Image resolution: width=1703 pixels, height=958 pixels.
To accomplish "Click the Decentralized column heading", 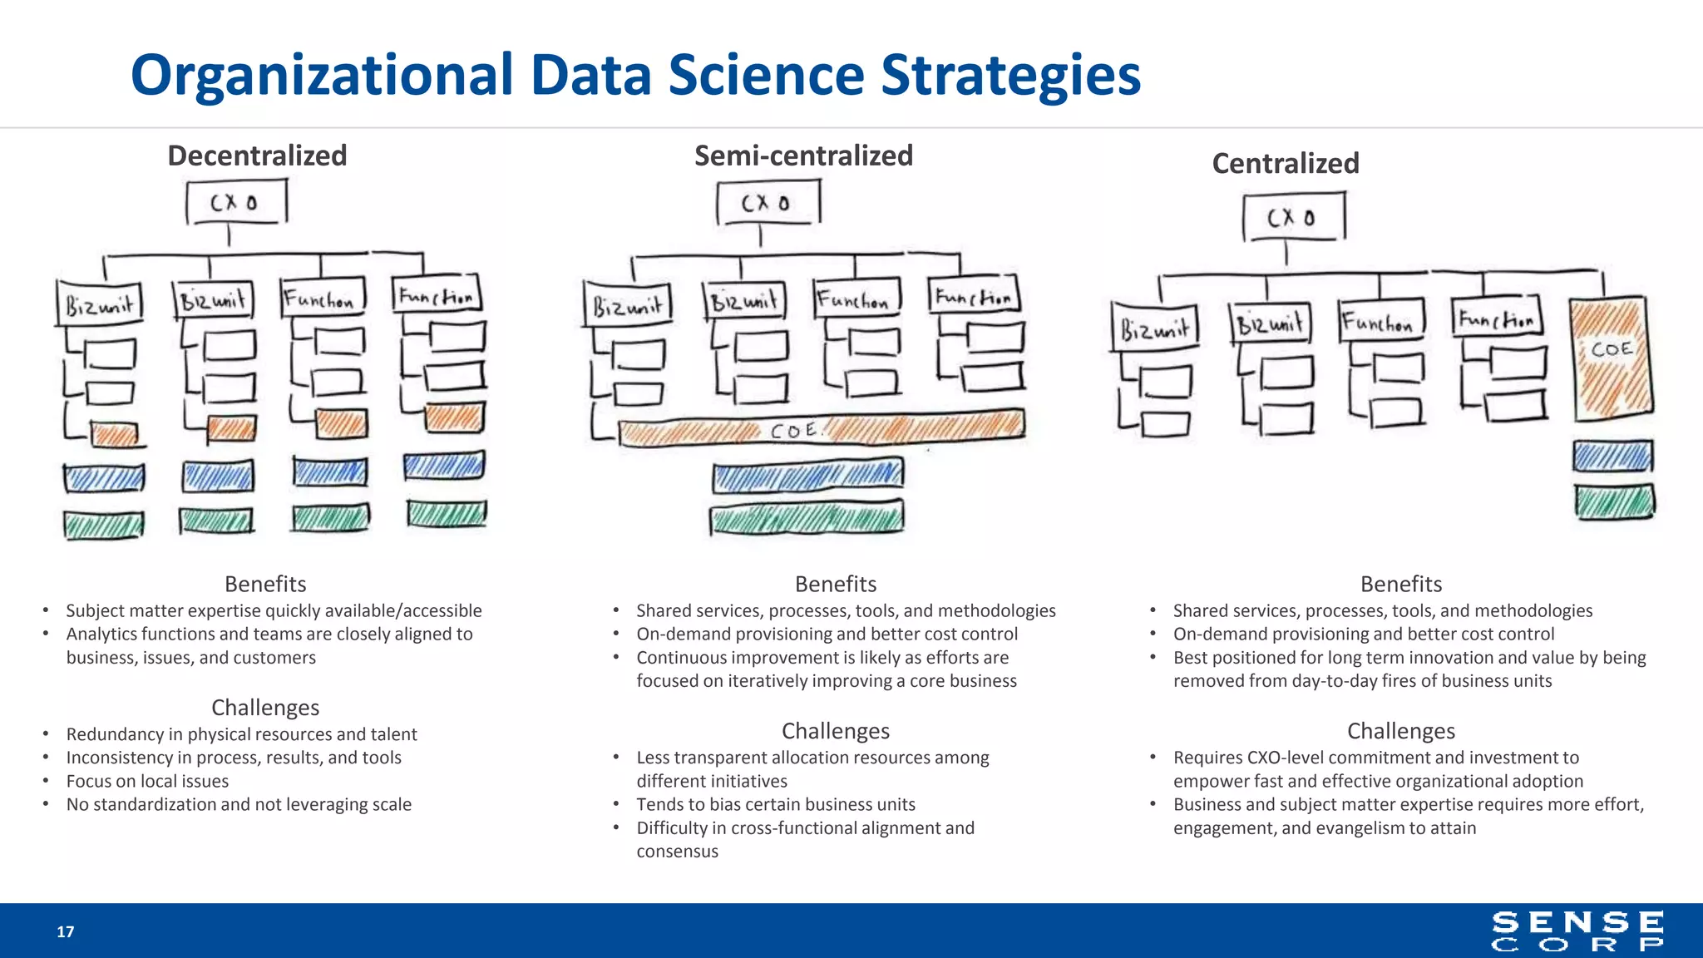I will click(257, 156).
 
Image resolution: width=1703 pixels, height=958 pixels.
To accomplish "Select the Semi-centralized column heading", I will click(803, 156).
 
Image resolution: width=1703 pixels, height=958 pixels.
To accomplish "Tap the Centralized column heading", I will click(1286, 163).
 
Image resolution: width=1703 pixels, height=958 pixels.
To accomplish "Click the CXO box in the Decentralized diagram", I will click(236, 202).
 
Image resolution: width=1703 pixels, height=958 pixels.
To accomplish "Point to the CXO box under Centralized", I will click(1293, 217).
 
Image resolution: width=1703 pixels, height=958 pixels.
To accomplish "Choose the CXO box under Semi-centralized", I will click(768, 203).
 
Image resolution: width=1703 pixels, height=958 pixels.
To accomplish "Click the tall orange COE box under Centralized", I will click(1611, 358).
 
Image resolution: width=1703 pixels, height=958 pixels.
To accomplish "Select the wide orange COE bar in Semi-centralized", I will click(822, 428).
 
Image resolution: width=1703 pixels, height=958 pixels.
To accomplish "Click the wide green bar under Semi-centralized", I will click(807, 518).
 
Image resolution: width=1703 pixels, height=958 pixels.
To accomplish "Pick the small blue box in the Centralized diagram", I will click(1612, 457).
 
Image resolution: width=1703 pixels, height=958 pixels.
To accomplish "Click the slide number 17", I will click(66, 931).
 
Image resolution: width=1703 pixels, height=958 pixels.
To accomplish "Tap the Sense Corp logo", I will click(1577, 931).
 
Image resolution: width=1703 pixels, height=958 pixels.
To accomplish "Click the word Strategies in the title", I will click(1010, 75).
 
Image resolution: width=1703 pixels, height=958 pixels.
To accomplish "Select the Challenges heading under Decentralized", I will click(265, 707).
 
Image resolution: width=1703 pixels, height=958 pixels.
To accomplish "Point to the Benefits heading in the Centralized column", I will click(1401, 584).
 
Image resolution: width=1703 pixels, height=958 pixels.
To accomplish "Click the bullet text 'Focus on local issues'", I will click(147, 781).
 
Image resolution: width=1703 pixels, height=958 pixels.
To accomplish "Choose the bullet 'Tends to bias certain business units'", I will click(775, 804).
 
